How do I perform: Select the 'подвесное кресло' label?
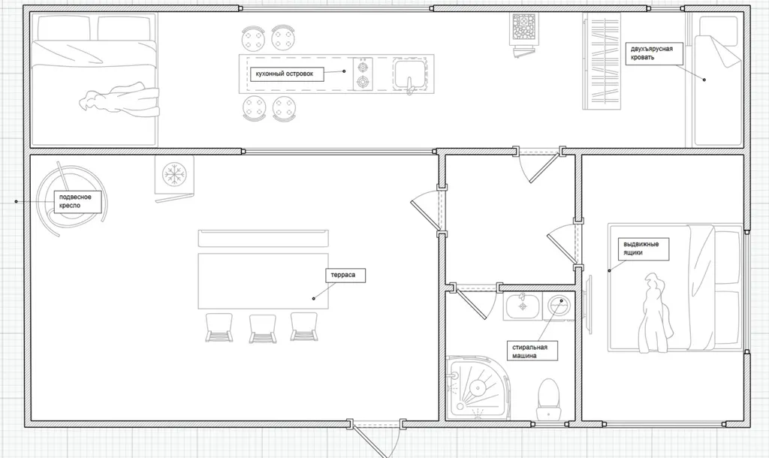coord(77,201)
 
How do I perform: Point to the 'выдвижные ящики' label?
coord(643,249)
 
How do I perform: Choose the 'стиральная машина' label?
coord(532,351)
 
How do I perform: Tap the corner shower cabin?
coord(476,388)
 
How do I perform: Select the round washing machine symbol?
coord(559,306)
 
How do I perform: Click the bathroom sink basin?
coord(523,306)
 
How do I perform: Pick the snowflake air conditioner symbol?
coord(173,175)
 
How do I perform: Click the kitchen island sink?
coord(411,74)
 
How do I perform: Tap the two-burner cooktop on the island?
coord(363,74)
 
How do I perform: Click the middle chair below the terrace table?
coord(263,328)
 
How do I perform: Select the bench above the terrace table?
coord(264,238)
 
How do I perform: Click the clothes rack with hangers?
coord(602,61)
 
